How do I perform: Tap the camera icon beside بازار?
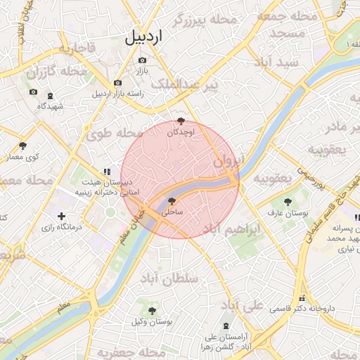point(143,60)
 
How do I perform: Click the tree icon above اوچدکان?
point(181,121)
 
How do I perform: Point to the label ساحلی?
point(172,211)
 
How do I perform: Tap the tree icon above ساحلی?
point(172,201)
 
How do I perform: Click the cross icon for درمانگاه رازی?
point(61,216)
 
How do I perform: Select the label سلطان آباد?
point(169,279)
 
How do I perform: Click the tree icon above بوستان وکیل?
point(152,310)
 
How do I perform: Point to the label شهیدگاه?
point(51,106)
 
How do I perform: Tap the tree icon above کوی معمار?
point(23,146)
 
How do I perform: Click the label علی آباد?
point(243,306)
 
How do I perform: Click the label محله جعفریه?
point(124,351)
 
